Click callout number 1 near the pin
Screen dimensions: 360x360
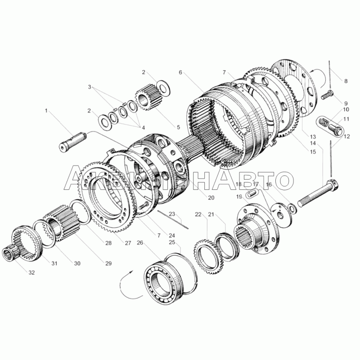(x=46, y=110)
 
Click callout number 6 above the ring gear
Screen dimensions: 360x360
(x=180, y=72)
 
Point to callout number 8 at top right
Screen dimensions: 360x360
(x=346, y=81)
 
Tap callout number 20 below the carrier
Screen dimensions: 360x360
(x=211, y=198)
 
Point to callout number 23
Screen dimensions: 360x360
(x=171, y=214)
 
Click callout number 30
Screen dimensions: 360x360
(x=76, y=264)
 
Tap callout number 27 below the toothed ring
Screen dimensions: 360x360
(x=128, y=243)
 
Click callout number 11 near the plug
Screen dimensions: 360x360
(x=346, y=119)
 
